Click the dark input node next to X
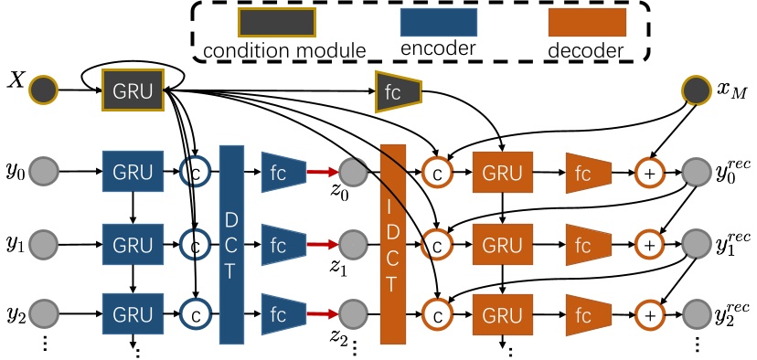[44, 90]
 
